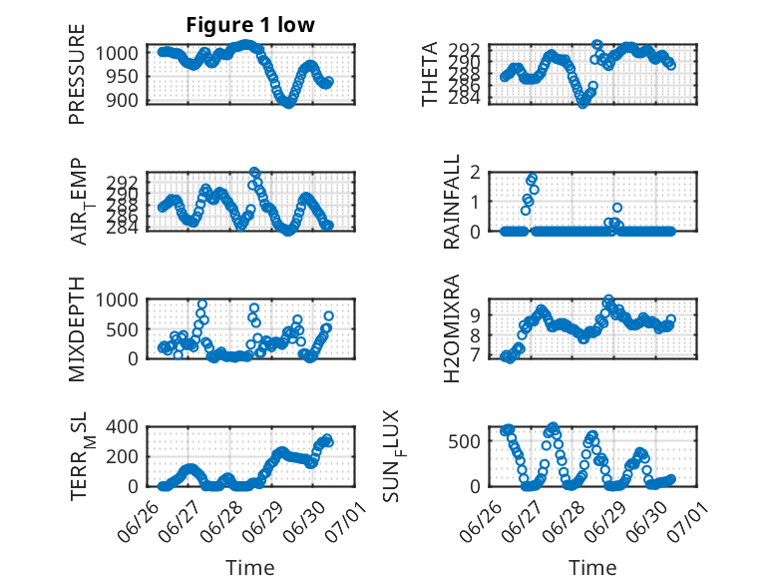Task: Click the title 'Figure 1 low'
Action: point(250,25)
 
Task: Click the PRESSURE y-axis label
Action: point(77,74)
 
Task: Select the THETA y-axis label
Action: point(430,74)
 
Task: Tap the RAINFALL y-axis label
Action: point(452,202)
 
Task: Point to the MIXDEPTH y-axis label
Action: point(77,329)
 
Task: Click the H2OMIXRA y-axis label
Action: point(452,328)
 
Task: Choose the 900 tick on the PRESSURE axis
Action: point(123,100)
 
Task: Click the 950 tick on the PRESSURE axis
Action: point(123,77)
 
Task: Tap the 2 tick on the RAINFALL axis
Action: point(476,173)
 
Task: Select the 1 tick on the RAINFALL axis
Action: point(476,202)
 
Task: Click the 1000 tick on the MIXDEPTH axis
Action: point(117,299)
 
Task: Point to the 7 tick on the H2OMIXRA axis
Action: point(476,355)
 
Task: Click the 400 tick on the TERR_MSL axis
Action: point(123,426)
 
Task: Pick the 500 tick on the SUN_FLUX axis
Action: point(464,441)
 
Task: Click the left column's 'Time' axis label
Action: point(250,568)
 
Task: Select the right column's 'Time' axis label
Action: point(592,568)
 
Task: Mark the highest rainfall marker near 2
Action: point(533,178)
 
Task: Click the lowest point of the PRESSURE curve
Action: point(288,104)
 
